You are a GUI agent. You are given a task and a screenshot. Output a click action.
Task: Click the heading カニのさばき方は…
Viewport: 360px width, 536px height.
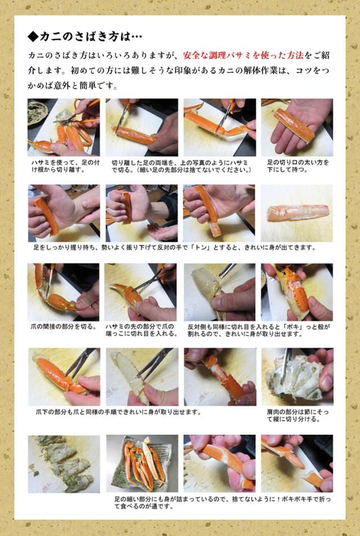(x=91, y=37)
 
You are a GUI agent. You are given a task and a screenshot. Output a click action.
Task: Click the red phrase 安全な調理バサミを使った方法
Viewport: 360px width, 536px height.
(x=243, y=55)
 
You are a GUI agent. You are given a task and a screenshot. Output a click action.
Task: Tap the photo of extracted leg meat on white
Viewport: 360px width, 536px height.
(x=297, y=213)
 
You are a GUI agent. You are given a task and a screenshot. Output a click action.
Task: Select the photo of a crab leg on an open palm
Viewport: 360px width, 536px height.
(x=297, y=127)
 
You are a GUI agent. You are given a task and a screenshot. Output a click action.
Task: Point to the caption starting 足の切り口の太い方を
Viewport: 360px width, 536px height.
(x=298, y=166)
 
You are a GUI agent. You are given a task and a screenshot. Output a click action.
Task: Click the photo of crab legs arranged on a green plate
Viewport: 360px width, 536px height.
(x=142, y=463)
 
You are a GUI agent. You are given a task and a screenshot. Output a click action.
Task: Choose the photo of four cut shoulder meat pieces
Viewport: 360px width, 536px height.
(x=64, y=464)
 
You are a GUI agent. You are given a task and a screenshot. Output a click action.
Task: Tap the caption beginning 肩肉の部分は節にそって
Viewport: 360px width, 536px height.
(x=294, y=416)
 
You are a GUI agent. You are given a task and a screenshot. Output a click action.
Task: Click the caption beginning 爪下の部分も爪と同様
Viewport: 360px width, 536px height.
(x=118, y=412)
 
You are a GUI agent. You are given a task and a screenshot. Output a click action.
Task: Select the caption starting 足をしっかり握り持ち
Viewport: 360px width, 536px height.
(x=174, y=247)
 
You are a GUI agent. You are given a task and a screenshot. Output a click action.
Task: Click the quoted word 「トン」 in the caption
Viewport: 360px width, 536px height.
(x=201, y=247)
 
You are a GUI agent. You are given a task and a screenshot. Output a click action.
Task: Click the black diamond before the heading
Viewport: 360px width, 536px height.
(x=33, y=37)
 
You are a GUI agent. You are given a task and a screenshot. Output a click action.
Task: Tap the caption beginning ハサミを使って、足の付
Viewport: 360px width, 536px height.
(x=65, y=166)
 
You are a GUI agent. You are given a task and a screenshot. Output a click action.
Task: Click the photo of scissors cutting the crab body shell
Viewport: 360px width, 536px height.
(x=297, y=377)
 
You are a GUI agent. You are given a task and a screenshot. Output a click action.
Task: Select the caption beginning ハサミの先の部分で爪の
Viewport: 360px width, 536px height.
(x=141, y=330)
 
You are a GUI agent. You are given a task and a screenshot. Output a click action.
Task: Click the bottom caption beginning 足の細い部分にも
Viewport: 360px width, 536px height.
(x=222, y=502)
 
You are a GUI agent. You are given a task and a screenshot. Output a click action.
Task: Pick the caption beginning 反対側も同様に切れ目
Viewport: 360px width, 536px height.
(x=259, y=330)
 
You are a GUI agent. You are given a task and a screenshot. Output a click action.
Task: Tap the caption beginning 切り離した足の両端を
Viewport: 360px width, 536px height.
(x=181, y=166)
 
